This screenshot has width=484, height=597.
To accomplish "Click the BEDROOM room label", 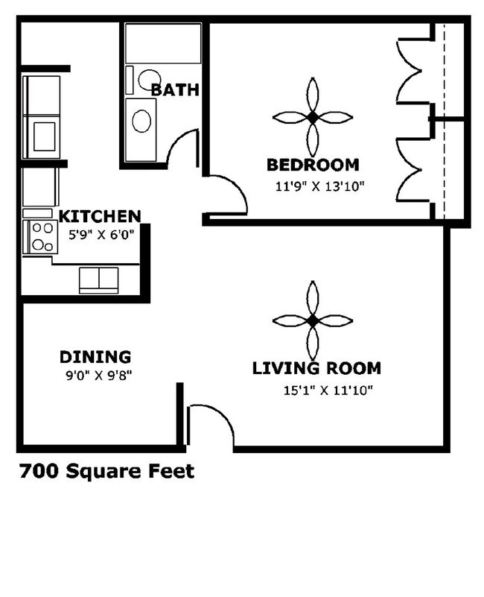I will (313, 165).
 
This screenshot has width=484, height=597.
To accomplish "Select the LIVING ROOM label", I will (316, 367).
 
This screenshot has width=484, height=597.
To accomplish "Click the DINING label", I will (95, 357).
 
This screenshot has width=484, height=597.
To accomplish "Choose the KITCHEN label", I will (100, 217).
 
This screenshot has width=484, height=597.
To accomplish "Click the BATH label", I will (175, 90).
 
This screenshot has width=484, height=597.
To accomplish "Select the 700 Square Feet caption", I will (106, 471).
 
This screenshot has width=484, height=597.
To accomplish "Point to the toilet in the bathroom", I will (146, 78).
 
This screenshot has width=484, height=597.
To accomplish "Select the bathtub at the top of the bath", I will (163, 43).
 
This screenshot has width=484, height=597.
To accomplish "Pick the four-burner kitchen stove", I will (40, 237).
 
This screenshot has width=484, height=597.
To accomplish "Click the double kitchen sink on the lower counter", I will (99, 279).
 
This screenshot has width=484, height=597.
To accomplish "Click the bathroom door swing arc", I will (181, 148).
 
